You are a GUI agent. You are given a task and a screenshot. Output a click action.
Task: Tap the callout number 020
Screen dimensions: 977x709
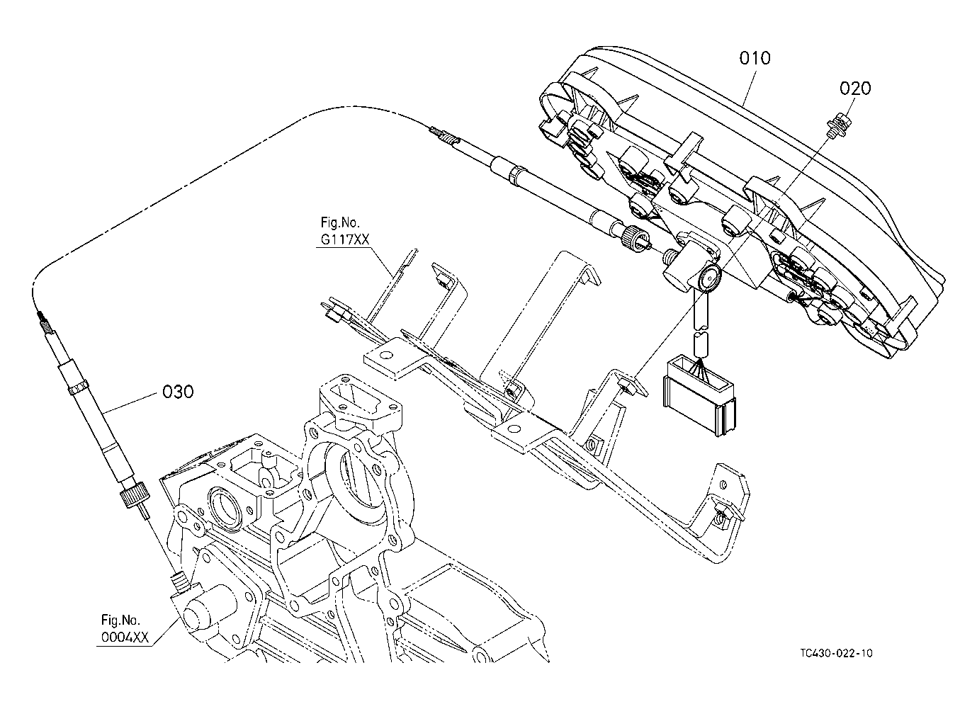point(855,89)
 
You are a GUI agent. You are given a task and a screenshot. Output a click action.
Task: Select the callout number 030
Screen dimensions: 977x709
point(178,392)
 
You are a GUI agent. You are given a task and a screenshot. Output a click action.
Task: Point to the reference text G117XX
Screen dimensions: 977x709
point(345,239)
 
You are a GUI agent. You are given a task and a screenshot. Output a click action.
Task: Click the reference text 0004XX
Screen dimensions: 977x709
point(125,637)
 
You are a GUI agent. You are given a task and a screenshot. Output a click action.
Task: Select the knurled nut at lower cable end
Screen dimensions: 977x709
point(135,497)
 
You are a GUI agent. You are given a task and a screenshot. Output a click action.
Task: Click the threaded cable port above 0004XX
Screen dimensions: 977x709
point(180,582)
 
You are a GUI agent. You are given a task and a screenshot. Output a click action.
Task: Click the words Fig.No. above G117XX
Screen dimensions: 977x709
point(340,223)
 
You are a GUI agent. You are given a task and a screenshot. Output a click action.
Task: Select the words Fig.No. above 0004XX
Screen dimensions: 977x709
point(121,620)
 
